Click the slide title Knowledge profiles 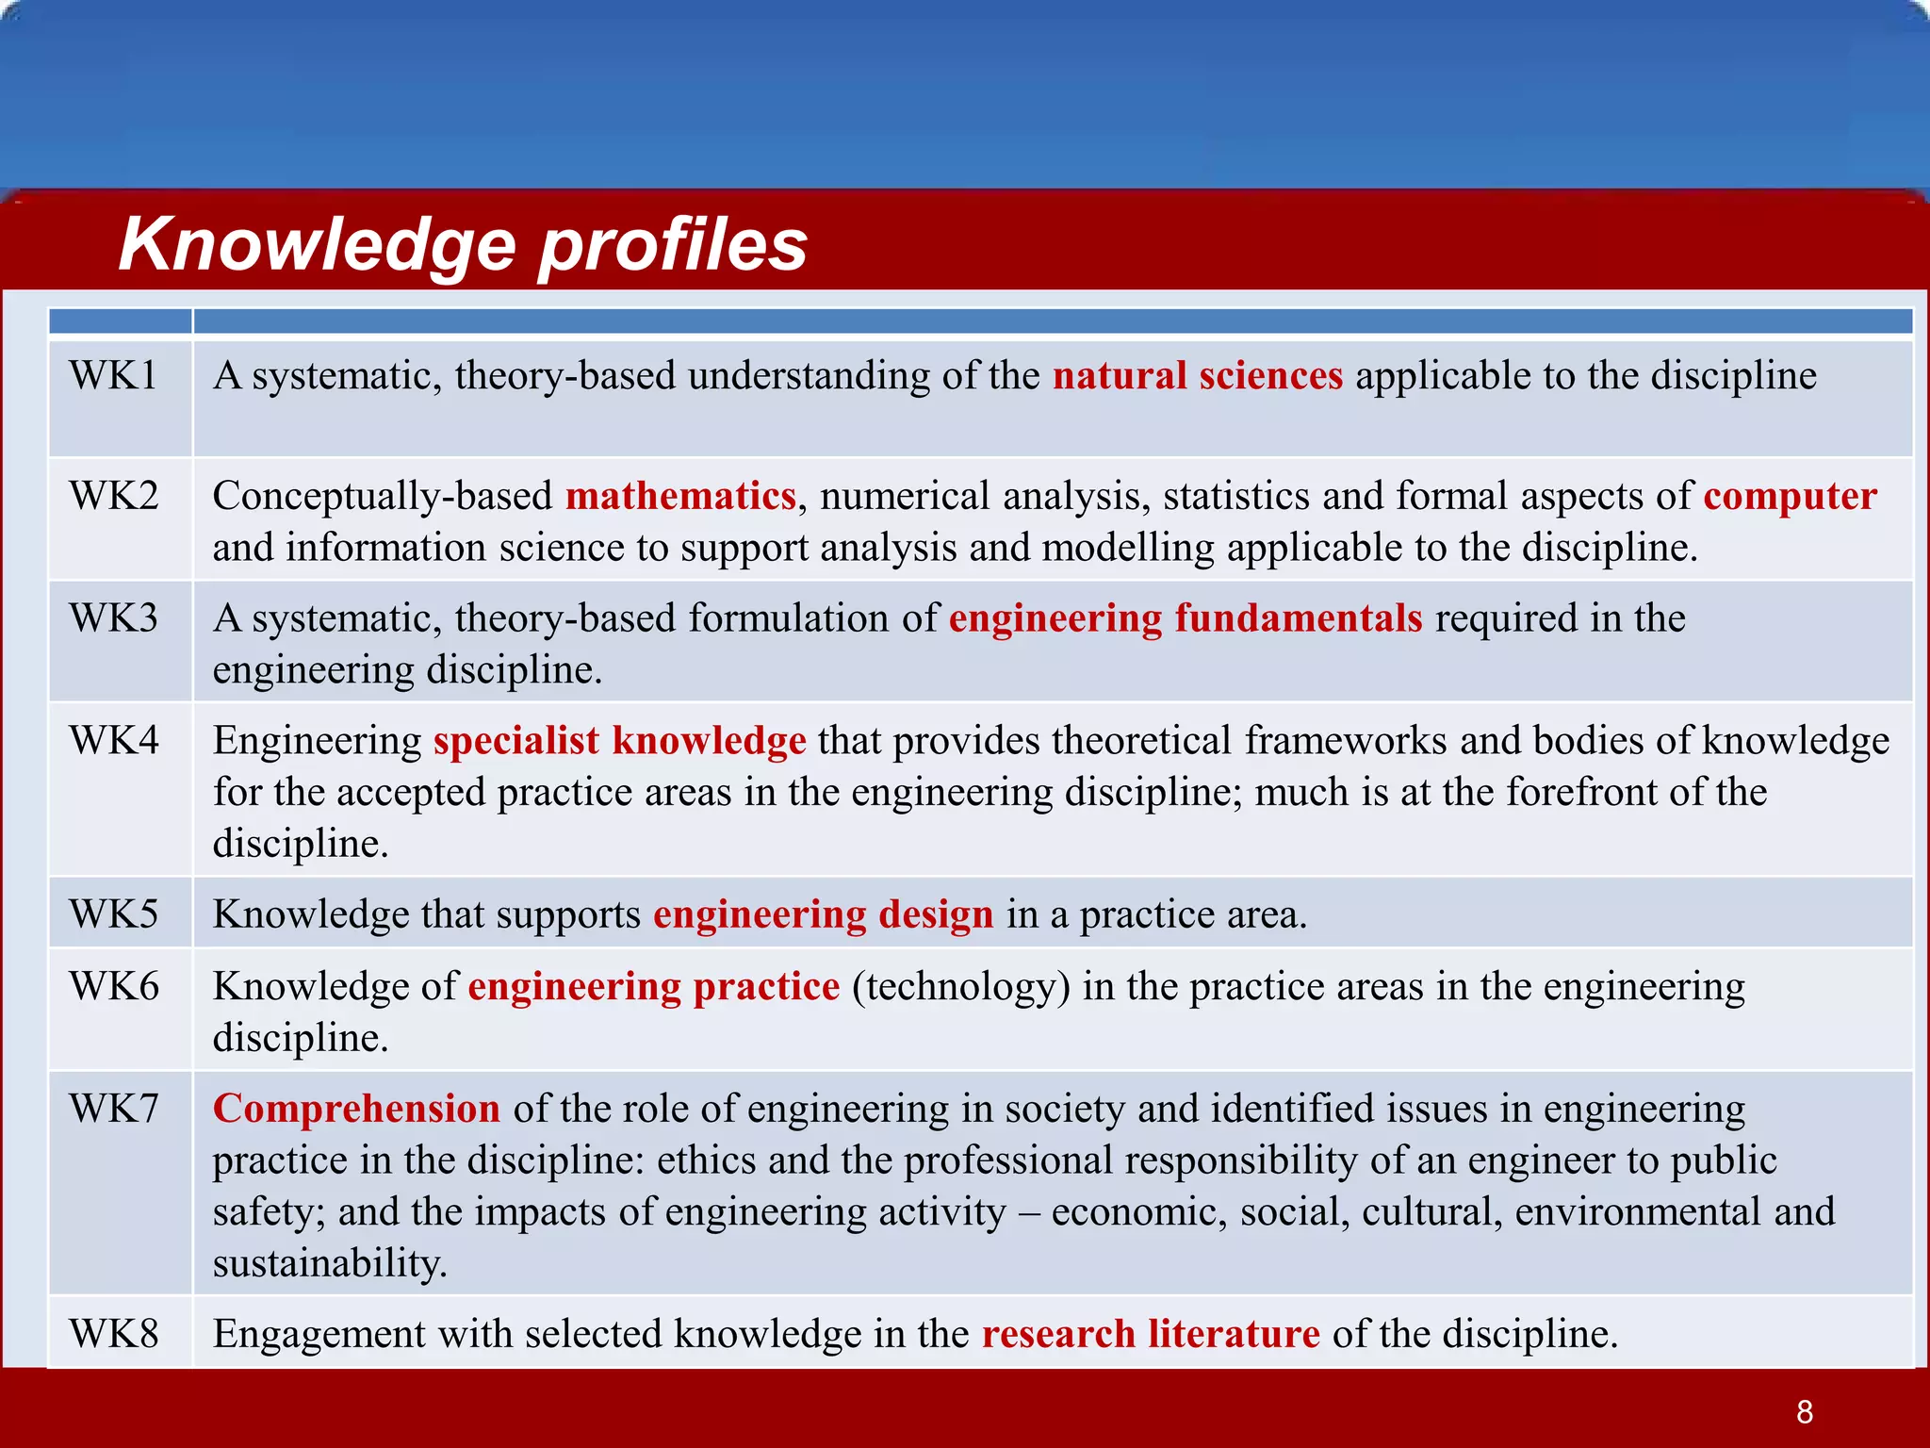pos(463,243)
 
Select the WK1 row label pos(113,375)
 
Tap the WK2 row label pos(113,496)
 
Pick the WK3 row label pos(113,618)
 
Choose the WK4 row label pos(113,740)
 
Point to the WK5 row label pos(113,914)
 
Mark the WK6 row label pos(113,986)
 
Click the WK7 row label pos(113,1109)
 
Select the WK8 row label pos(113,1334)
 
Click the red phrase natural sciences pos(1197,375)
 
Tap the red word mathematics pos(680,496)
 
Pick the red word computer pos(1790,496)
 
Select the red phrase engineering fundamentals pos(1185,618)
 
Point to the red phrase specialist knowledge pos(619,740)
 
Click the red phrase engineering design pos(823,914)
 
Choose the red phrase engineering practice pos(653,986)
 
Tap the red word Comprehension pos(356,1109)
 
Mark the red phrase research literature pos(1150,1334)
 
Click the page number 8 pos(1804,1411)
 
